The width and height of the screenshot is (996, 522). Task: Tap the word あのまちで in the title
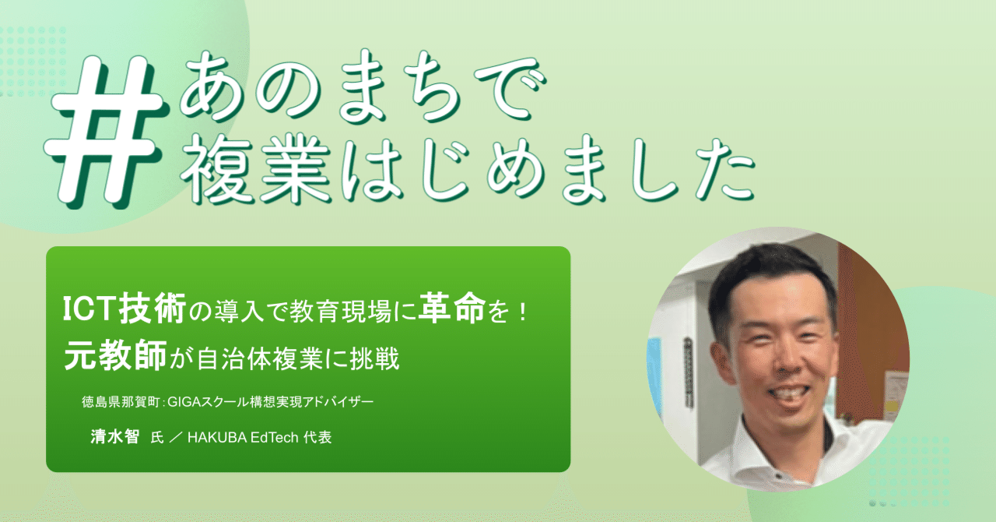[363, 86]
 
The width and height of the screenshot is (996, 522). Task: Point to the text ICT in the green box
[88, 309]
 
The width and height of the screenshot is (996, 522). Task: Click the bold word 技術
[152, 308]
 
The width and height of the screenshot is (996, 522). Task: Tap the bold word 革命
[452, 307]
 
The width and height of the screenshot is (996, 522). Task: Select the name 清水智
[114, 436]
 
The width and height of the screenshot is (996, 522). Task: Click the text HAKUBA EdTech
[243, 438]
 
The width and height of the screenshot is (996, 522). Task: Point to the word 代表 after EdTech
[317, 437]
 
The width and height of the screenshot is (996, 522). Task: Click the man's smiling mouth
[790, 397]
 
